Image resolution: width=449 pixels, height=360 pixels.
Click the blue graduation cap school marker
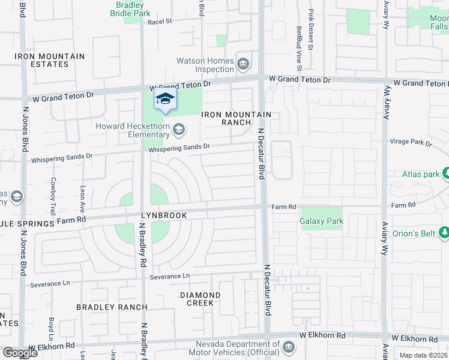coord(165,100)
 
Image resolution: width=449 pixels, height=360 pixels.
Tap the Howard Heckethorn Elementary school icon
coord(179,130)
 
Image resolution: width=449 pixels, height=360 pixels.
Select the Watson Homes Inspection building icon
coord(244,64)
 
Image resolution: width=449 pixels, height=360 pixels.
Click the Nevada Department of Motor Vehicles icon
coord(288,347)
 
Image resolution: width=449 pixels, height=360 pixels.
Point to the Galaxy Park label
coord(322,221)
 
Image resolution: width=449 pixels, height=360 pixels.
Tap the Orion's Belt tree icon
coord(444,232)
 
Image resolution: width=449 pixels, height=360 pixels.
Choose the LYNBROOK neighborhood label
coord(164,215)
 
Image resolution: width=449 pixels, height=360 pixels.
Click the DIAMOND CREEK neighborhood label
coord(200,299)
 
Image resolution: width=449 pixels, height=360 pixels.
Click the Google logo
coord(20,353)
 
